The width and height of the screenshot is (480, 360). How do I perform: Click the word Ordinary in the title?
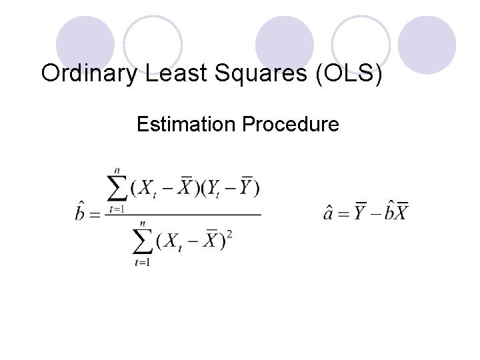click(90, 73)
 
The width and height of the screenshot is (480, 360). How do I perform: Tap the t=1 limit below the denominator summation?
click(141, 263)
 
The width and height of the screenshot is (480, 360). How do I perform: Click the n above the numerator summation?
click(118, 171)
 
